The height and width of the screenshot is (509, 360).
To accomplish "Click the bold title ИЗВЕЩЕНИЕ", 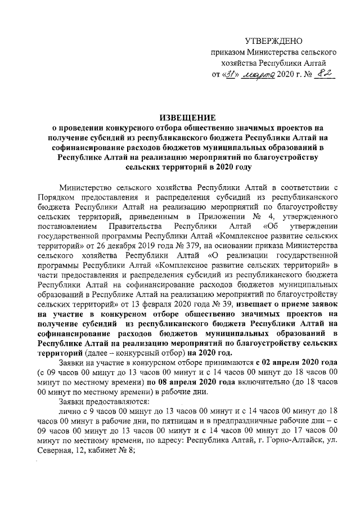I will pyautogui.click(x=188, y=118).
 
